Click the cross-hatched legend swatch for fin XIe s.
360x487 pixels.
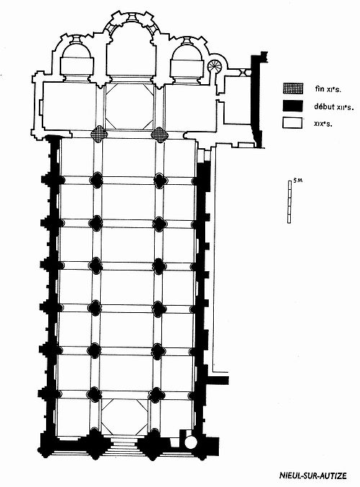[x=293, y=88]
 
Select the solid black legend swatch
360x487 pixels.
[x=292, y=106]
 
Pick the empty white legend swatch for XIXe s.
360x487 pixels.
[x=292, y=122]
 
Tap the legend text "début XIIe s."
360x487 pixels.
[x=334, y=107]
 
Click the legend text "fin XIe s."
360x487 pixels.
[x=328, y=89]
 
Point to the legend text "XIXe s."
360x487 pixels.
[x=323, y=124]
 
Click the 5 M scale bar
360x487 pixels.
[x=289, y=202]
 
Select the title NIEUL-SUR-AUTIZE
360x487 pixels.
[x=313, y=475]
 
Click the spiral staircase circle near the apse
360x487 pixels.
[x=214, y=66]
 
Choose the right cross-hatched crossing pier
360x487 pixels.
[x=160, y=135]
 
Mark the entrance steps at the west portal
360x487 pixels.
[x=124, y=446]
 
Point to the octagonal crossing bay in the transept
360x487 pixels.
[x=129, y=106]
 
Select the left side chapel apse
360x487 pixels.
[x=77, y=58]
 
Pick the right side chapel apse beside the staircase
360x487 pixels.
[x=186, y=60]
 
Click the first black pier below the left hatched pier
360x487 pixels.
[x=96, y=180]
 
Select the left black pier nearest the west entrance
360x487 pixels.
[x=94, y=394]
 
